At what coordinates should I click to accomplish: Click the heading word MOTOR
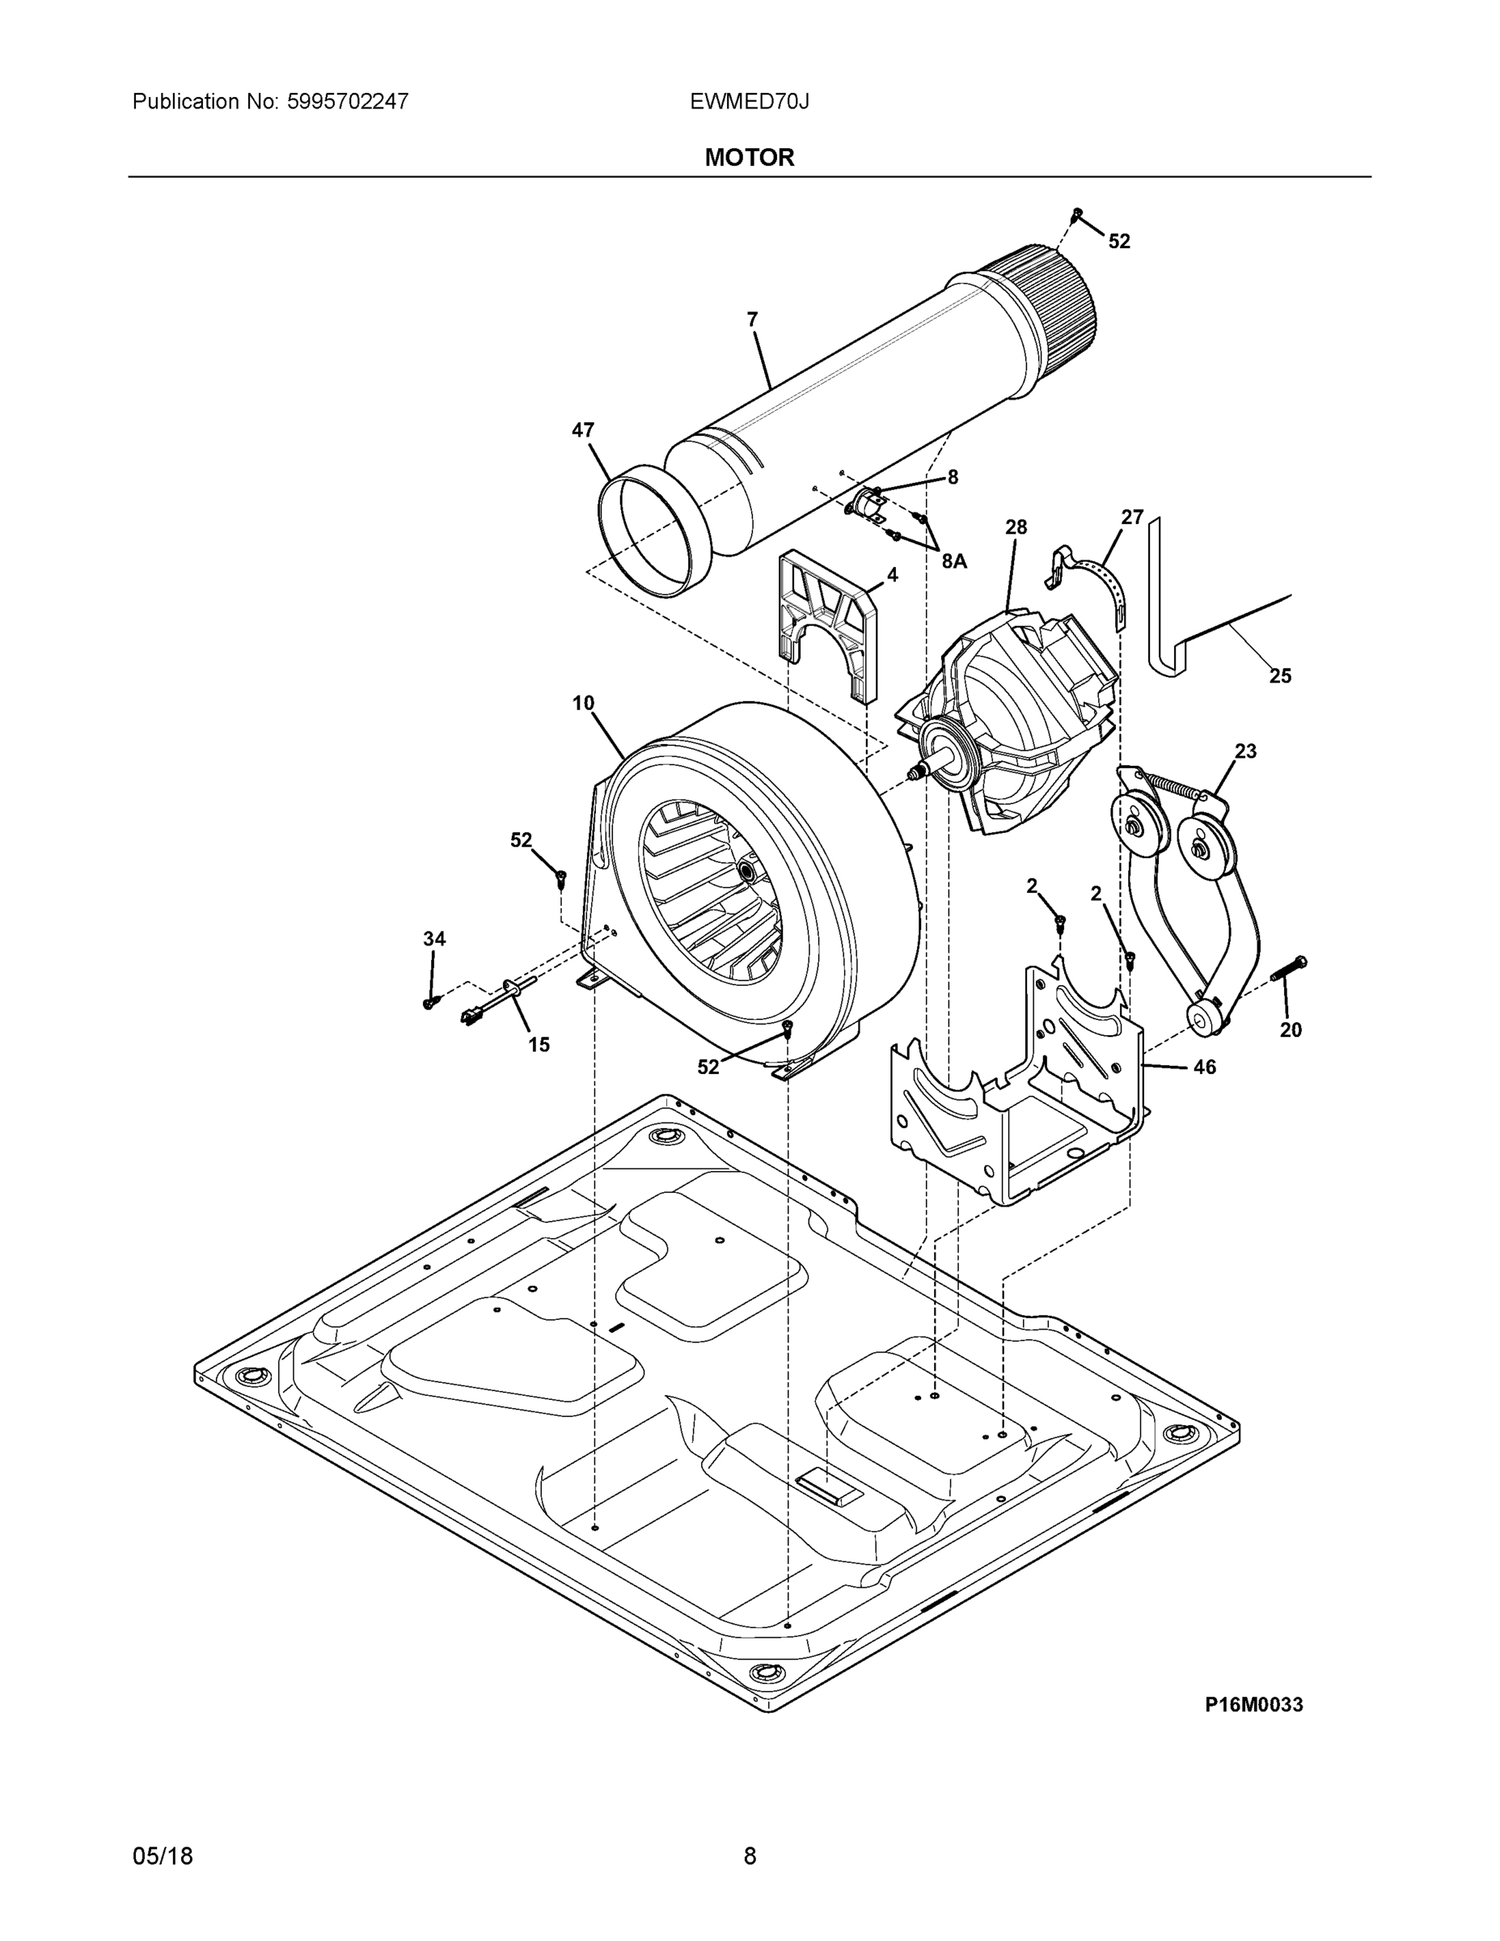[749, 158]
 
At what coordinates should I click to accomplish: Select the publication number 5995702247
[348, 101]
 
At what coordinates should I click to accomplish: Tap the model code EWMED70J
[749, 101]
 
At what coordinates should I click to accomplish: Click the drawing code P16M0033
[1253, 1704]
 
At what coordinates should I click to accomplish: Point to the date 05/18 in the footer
[163, 1856]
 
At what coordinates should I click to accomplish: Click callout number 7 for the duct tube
[753, 319]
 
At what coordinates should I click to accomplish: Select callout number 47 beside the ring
[583, 430]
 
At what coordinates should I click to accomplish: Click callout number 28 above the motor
[1016, 527]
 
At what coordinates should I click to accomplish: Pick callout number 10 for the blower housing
[583, 703]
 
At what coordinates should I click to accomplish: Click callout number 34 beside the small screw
[433, 938]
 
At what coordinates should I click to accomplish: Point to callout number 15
[539, 1045]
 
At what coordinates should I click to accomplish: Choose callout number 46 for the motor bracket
[1204, 1067]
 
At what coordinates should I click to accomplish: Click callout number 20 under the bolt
[1291, 1030]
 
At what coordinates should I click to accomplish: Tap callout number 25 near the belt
[1279, 675]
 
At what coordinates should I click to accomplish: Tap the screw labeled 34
[430, 1001]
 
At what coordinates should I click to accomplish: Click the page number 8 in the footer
[749, 1856]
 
